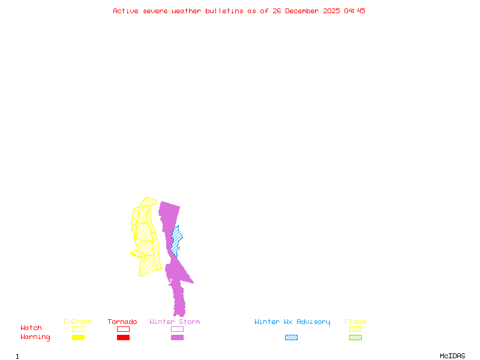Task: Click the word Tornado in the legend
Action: [x=122, y=322]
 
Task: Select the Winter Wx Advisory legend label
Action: [x=292, y=322]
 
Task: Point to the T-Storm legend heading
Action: [x=77, y=322]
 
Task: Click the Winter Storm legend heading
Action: [x=175, y=322]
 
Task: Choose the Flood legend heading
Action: [x=355, y=322]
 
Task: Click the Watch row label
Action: [x=31, y=328]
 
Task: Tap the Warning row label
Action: [x=35, y=337]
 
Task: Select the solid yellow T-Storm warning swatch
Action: [x=78, y=338]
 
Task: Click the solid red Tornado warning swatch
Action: [x=123, y=338]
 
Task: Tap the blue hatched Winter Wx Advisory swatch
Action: [x=291, y=338]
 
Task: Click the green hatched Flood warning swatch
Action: [x=355, y=338]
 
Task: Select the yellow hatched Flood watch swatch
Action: [x=355, y=329]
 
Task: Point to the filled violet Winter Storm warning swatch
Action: [x=177, y=338]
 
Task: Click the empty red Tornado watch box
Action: [x=123, y=329]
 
